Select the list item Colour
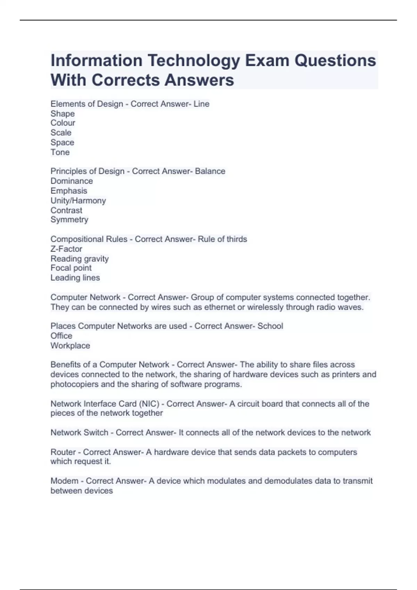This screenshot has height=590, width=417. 63,123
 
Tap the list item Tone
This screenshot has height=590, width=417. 60,152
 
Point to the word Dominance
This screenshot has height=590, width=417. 72,181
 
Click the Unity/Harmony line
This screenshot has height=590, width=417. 78,201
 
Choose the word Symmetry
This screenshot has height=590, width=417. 69,220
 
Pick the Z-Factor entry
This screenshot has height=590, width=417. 66,249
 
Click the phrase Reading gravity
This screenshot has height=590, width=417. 80,259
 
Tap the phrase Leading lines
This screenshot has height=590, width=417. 75,278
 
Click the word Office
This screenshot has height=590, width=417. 61,336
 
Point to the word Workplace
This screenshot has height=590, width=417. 70,346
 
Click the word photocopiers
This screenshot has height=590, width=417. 74,384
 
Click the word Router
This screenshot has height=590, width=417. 63,452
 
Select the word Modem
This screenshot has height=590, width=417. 64,481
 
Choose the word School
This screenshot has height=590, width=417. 270,326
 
